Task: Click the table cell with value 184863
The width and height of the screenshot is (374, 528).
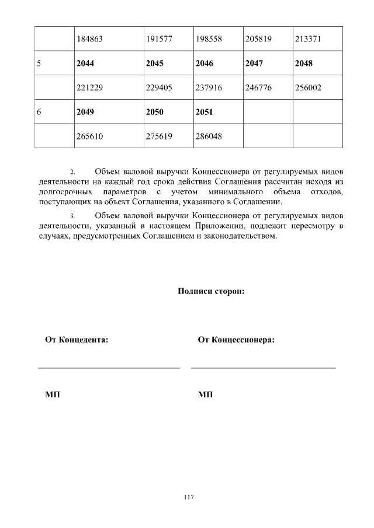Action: coord(90,39)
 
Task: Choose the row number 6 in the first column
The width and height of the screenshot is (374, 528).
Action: coord(39,111)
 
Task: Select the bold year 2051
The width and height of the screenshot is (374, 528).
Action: coord(205,111)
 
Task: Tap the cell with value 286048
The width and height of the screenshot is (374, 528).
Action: coord(209,136)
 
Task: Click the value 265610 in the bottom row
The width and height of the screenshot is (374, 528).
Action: coord(90,136)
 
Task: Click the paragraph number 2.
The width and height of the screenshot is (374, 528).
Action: coord(72,173)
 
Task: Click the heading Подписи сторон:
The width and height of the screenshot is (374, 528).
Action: coord(210,291)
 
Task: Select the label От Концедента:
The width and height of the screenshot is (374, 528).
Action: coord(77,340)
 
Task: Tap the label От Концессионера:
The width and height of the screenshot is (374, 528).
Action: coord(236,340)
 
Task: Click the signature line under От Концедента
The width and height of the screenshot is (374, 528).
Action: coord(109,368)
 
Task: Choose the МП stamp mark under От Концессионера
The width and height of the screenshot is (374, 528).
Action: coord(205,395)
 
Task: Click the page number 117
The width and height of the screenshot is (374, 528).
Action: coord(188,498)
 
